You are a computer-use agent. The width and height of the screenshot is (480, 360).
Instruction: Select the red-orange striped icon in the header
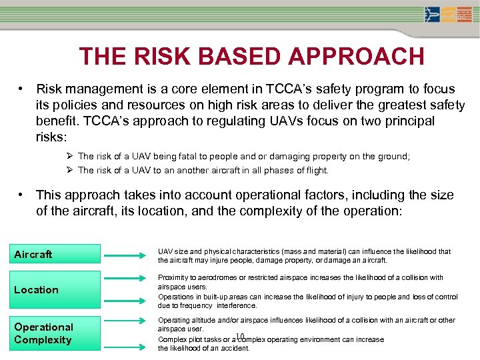(465, 15)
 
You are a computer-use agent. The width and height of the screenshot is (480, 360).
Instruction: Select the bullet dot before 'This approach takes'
(23, 195)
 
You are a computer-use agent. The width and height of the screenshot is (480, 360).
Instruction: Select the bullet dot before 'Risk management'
(23, 89)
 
